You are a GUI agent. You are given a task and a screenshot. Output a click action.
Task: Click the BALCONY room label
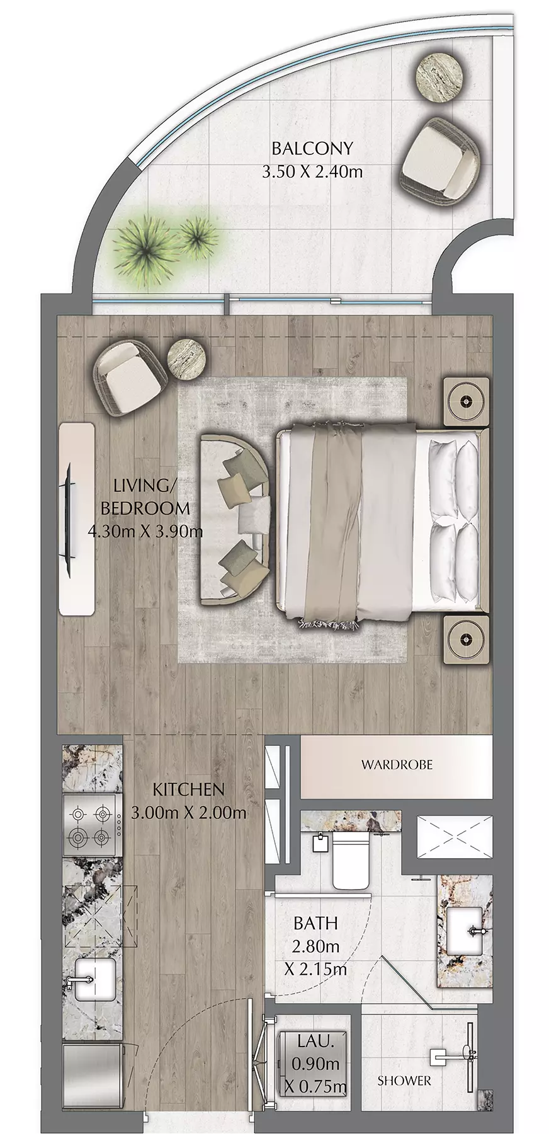pyautogui.click(x=312, y=149)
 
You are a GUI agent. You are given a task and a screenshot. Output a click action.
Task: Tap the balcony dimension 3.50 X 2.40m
pyautogui.click(x=312, y=171)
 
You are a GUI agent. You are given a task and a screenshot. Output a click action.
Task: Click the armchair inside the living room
pyautogui.click(x=130, y=381)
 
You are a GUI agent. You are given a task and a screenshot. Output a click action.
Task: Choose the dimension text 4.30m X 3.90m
pyautogui.click(x=145, y=531)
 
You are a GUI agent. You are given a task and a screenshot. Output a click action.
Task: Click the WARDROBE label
pyautogui.click(x=397, y=765)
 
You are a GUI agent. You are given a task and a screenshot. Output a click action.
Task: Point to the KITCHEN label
pyautogui.click(x=189, y=789)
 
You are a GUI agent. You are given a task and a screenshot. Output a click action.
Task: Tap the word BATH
pyautogui.click(x=316, y=924)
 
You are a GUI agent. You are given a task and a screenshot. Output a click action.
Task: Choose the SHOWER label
pyautogui.click(x=404, y=1081)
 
